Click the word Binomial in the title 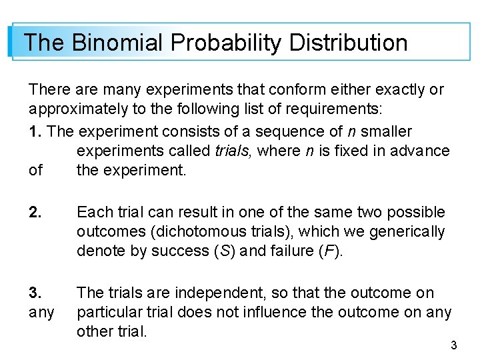coord(117,43)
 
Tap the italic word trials coord(234,151)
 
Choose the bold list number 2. coord(35,213)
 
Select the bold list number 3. coord(35,293)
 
